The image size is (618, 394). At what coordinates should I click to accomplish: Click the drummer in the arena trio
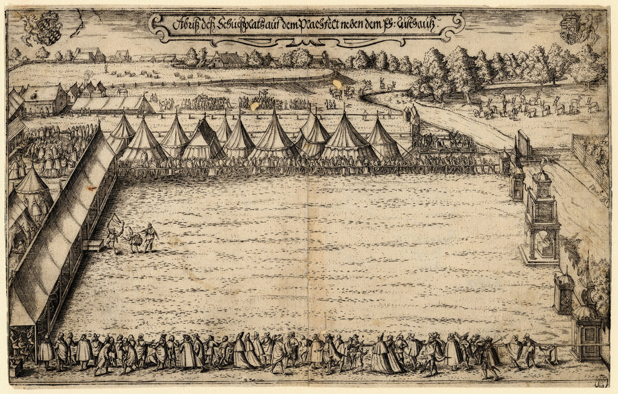(x=134, y=239)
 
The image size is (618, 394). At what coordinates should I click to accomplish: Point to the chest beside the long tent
(x=94, y=245)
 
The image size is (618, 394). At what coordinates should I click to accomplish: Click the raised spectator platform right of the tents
(x=444, y=143)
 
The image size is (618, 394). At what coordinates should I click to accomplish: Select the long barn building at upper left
(x=112, y=105)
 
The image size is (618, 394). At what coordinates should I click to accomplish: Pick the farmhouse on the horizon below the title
(x=227, y=59)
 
